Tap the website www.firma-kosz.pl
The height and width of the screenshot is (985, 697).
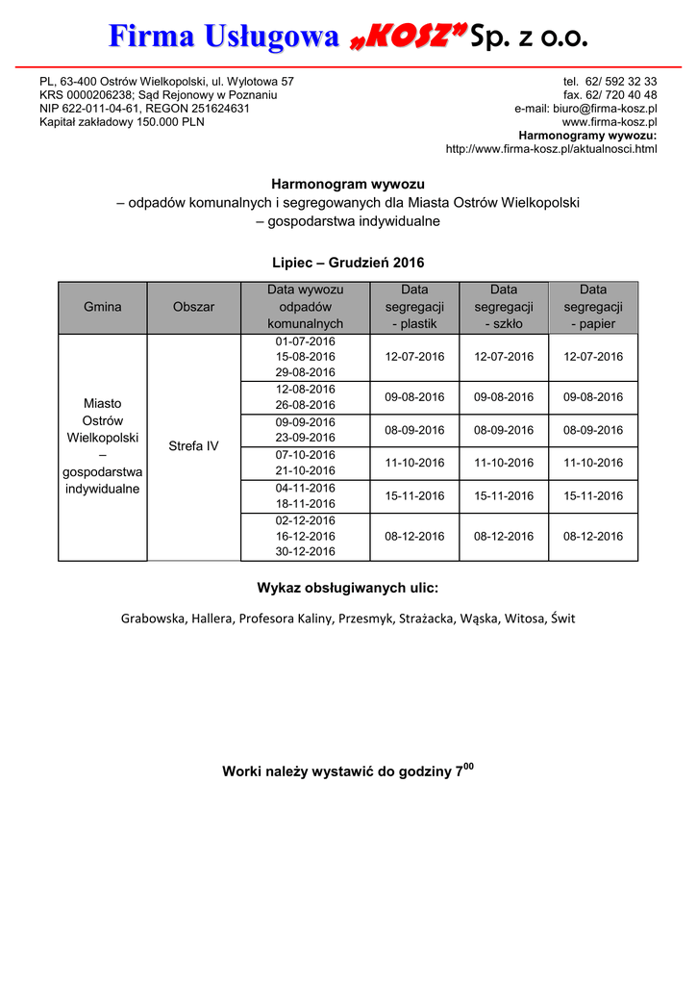coord(610,122)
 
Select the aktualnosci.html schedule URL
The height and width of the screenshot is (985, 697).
coord(551,149)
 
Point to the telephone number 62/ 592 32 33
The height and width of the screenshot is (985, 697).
coord(623,82)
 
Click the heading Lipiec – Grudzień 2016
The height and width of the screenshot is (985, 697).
coord(348,263)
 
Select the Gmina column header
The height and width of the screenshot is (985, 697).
coord(103,307)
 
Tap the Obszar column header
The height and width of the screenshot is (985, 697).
coord(193,307)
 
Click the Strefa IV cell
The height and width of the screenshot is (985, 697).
coord(193,446)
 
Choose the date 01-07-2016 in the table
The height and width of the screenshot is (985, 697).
coord(305,341)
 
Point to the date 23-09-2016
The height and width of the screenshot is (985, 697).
coord(305,438)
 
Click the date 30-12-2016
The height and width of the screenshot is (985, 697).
coord(305,552)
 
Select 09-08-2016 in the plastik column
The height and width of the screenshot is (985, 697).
coord(414,396)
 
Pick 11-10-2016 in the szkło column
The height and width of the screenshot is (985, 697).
coord(504,463)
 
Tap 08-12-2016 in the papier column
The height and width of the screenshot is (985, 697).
coord(593,536)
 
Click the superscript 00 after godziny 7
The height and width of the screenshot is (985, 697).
coord(469,766)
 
